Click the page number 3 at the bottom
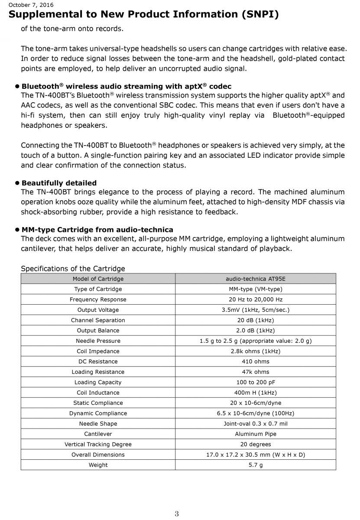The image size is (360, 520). pyautogui.click(x=177, y=514)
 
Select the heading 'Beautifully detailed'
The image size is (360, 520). pyautogui.click(x=59, y=183)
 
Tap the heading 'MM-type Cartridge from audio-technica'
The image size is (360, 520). pyautogui.click(x=97, y=230)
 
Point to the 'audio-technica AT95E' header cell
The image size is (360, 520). pyautogui.click(x=256, y=279)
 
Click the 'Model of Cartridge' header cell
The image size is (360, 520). pyautogui.click(x=98, y=279)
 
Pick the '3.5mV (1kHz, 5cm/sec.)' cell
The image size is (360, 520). pyautogui.click(x=256, y=310)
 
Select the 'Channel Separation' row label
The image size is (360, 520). pyautogui.click(x=98, y=320)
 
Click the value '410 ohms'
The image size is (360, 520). pyautogui.click(x=256, y=361)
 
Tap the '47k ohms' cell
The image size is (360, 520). pyautogui.click(x=256, y=372)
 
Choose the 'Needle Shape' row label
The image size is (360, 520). pyautogui.click(x=98, y=423)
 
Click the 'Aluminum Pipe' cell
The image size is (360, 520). pyautogui.click(x=256, y=434)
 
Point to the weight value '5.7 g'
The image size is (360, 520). pyautogui.click(x=256, y=465)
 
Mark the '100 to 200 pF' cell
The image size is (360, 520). pyautogui.click(x=256, y=382)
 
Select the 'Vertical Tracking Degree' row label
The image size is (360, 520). pyautogui.click(x=98, y=444)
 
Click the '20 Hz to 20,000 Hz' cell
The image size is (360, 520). pyautogui.click(x=256, y=299)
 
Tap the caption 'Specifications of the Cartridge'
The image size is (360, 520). pyautogui.click(x=73, y=269)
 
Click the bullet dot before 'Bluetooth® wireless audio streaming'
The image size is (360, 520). pyautogui.click(x=18, y=86)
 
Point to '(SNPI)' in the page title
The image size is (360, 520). pyautogui.click(x=258, y=15)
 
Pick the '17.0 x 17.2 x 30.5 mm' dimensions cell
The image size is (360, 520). pyautogui.click(x=256, y=455)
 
